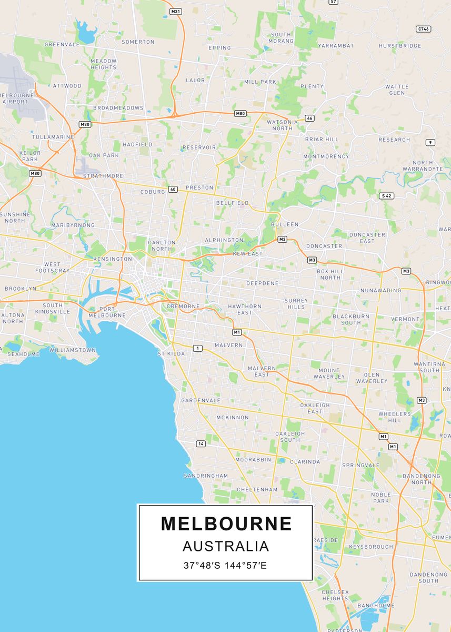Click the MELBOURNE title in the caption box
point(226,524)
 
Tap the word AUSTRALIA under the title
point(226,546)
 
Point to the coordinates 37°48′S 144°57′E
point(226,566)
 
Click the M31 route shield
point(175,11)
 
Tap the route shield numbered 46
point(309,118)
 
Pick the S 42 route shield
point(386,196)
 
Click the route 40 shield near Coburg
point(173,189)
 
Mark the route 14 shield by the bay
point(201,444)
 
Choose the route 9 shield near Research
point(430,143)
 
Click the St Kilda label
point(172,354)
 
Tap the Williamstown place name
point(73,350)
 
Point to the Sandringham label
point(206,476)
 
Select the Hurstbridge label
point(400,46)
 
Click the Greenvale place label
point(62,45)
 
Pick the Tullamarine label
point(53,137)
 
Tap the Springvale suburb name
point(360,466)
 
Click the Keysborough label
point(371,547)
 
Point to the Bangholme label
point(376,606)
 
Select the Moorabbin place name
point(253,460)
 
